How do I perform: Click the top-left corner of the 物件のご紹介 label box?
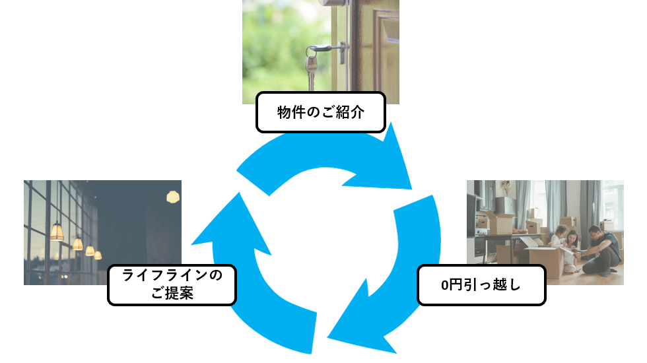(256, 92)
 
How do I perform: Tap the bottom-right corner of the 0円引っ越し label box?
(545, 305)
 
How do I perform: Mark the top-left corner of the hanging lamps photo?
(24, 180)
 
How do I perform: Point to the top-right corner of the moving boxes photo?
(623, 180)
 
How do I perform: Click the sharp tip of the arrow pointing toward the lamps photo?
(191, 244)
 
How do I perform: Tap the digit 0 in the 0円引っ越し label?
(444, 285)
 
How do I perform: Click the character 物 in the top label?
(285, 112)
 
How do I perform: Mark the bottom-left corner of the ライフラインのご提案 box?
(108, 305)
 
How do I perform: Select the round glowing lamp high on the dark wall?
(173, 197)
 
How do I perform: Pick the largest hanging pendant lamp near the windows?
(57, 232)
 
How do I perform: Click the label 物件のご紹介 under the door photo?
(321, 112)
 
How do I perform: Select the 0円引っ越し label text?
(481, 285)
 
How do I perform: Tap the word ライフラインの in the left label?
(172, 275)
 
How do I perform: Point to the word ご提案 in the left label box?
(172, 293)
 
